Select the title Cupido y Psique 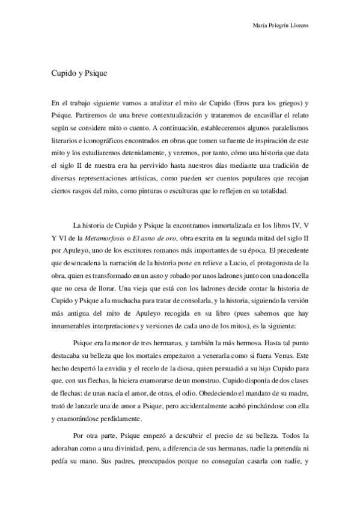click(x=73, y=70)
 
